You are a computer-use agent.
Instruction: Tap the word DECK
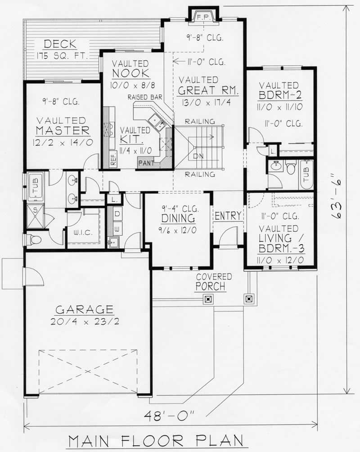tap(60, 44)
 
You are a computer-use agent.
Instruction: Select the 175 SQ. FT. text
tap(62, 56)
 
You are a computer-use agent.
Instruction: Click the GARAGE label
tap(84, 309)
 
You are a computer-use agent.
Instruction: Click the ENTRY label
tap(228, 216)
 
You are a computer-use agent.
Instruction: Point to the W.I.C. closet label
tap(82, 233)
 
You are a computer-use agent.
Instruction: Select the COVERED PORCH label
tap(213, 282)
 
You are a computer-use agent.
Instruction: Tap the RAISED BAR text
tap(145, 97)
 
